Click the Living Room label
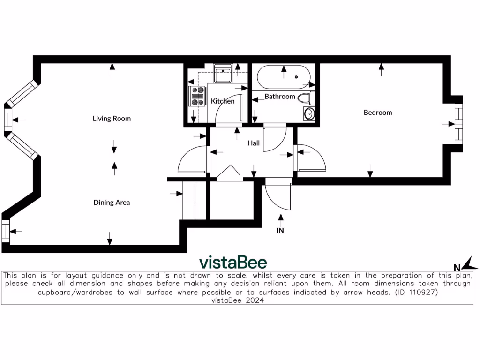[112, 119]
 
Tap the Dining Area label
[112, 202]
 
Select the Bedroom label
[378, 112]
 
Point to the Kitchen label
[223, 101]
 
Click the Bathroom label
[280, 97]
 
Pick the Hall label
[254, 143]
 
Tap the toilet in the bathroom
[307, 98]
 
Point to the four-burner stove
[198, 95]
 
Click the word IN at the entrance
[280, 230]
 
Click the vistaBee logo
[233, 262]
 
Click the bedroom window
[458, 124]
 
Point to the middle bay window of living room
[7, 120]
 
